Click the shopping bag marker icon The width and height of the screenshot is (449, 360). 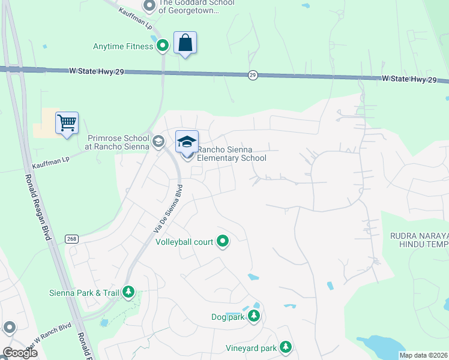click(x=185, y=43)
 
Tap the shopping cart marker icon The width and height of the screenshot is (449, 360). click(x=67, y=123)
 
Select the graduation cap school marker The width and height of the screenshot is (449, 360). click(x=187, y=142)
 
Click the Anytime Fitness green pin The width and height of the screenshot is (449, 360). click(x=162, y=46)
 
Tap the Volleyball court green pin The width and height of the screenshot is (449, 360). click(x=223, y=242)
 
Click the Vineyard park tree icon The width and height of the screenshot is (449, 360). click(x=286, y=347)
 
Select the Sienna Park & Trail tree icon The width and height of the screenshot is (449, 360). click(x=128, y=292)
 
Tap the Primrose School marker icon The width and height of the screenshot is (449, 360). click(x=158, y=142)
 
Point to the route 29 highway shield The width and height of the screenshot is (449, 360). click(x=253, y=75)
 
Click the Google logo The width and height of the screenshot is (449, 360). click(x=20, y=353)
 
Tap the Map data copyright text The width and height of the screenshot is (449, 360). click(x=423, y=355)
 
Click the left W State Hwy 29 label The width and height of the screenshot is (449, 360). click(x=96, y=71)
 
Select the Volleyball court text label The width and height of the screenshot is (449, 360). click(x=184, y=242)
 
